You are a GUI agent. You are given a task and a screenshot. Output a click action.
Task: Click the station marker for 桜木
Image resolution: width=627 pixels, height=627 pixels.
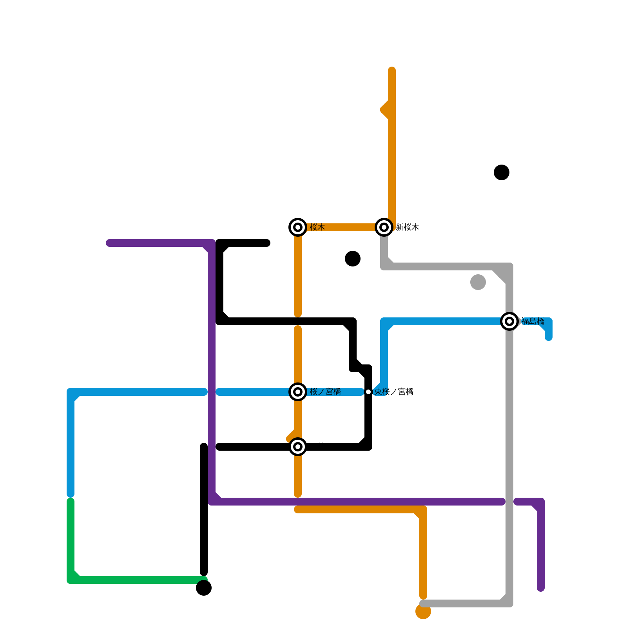click(x=298, y=227)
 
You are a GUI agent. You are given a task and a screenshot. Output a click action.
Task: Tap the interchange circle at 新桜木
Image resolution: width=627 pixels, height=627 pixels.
click(x=384, y=227)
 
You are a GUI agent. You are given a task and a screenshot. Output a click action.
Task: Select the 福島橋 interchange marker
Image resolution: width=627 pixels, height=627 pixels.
click(x=509, y=321)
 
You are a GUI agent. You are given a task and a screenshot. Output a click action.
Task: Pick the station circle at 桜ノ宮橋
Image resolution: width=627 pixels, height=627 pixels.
click(x=298, y=392)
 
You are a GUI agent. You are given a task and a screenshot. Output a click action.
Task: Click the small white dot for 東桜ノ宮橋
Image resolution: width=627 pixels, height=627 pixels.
click(x=368, y=392)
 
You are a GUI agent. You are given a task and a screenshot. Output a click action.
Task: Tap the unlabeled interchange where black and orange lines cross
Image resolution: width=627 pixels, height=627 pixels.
click(x=298, y=447)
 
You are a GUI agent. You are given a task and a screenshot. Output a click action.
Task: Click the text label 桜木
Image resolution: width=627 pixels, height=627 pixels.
click(x=317, y=227)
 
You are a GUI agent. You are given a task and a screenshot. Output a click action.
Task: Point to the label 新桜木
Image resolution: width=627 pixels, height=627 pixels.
click(x=408, y=227)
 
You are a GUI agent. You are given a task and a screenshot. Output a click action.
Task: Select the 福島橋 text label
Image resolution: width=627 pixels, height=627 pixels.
click(x=533, y=321)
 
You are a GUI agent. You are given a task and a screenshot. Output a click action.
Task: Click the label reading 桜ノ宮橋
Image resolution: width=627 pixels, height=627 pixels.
click(x=325, y=392)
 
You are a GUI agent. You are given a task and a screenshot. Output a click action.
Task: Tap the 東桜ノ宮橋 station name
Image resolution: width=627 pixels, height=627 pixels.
click(x=394, y=392)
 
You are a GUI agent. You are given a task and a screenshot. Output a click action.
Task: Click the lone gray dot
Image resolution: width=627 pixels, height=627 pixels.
click(x=478, y=282)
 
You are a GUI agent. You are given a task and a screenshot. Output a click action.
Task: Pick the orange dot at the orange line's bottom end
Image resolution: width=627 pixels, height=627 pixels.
click(x=423, y=611)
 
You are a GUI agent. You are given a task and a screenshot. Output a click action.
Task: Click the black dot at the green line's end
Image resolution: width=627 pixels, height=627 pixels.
click(x=204, y=588)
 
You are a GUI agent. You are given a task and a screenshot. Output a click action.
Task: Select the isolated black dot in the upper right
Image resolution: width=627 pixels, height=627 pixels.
click(x=502, y=172)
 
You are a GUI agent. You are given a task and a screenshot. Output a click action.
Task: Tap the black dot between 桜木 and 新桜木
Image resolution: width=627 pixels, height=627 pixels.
click(x=353, y=259)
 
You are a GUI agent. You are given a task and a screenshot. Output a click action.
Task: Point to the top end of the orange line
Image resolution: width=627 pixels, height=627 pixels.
click(x=392, y=71)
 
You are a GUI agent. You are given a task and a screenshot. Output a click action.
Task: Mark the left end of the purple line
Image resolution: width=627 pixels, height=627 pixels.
click(x=109, y=243)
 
